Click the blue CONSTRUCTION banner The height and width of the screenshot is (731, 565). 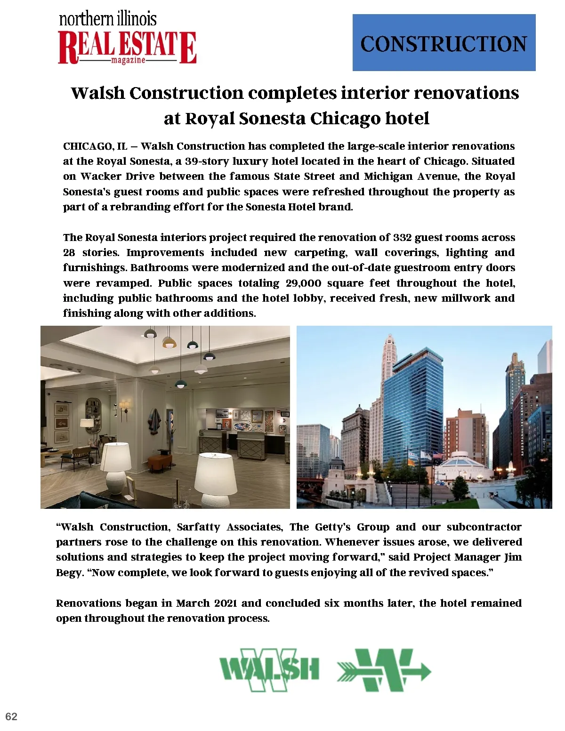[x=444, y=43]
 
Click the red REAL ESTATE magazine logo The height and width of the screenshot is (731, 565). [x=127, y=47]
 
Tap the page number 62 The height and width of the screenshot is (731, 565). [x=11, y=716]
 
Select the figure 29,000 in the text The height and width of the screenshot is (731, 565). [x=303, y=283]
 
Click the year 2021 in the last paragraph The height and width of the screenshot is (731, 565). [x=226, y=603]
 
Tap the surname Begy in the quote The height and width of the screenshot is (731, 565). [x=69, y=573]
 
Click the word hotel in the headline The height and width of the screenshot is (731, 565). [x=407, y=118]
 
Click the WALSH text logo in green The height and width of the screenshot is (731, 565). [x=269, y=669]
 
